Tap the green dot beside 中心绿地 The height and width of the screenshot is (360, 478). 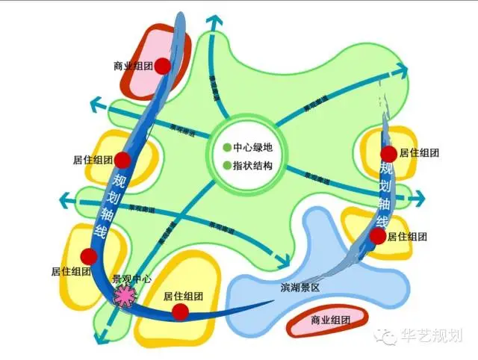(227, 146)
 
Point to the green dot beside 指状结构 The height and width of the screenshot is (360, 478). (227, 165)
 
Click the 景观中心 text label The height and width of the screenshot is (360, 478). (131, 279)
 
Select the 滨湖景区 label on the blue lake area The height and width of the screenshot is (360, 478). (300, 288)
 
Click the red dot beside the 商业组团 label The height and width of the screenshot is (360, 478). (162, 66)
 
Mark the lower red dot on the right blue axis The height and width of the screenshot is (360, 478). (378, 236)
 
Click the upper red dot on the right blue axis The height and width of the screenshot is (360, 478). (388, 154)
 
